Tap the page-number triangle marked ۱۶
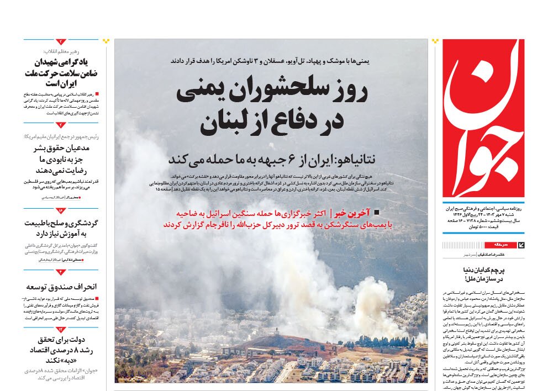click(61, 210)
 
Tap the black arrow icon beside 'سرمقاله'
click(521, 245)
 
